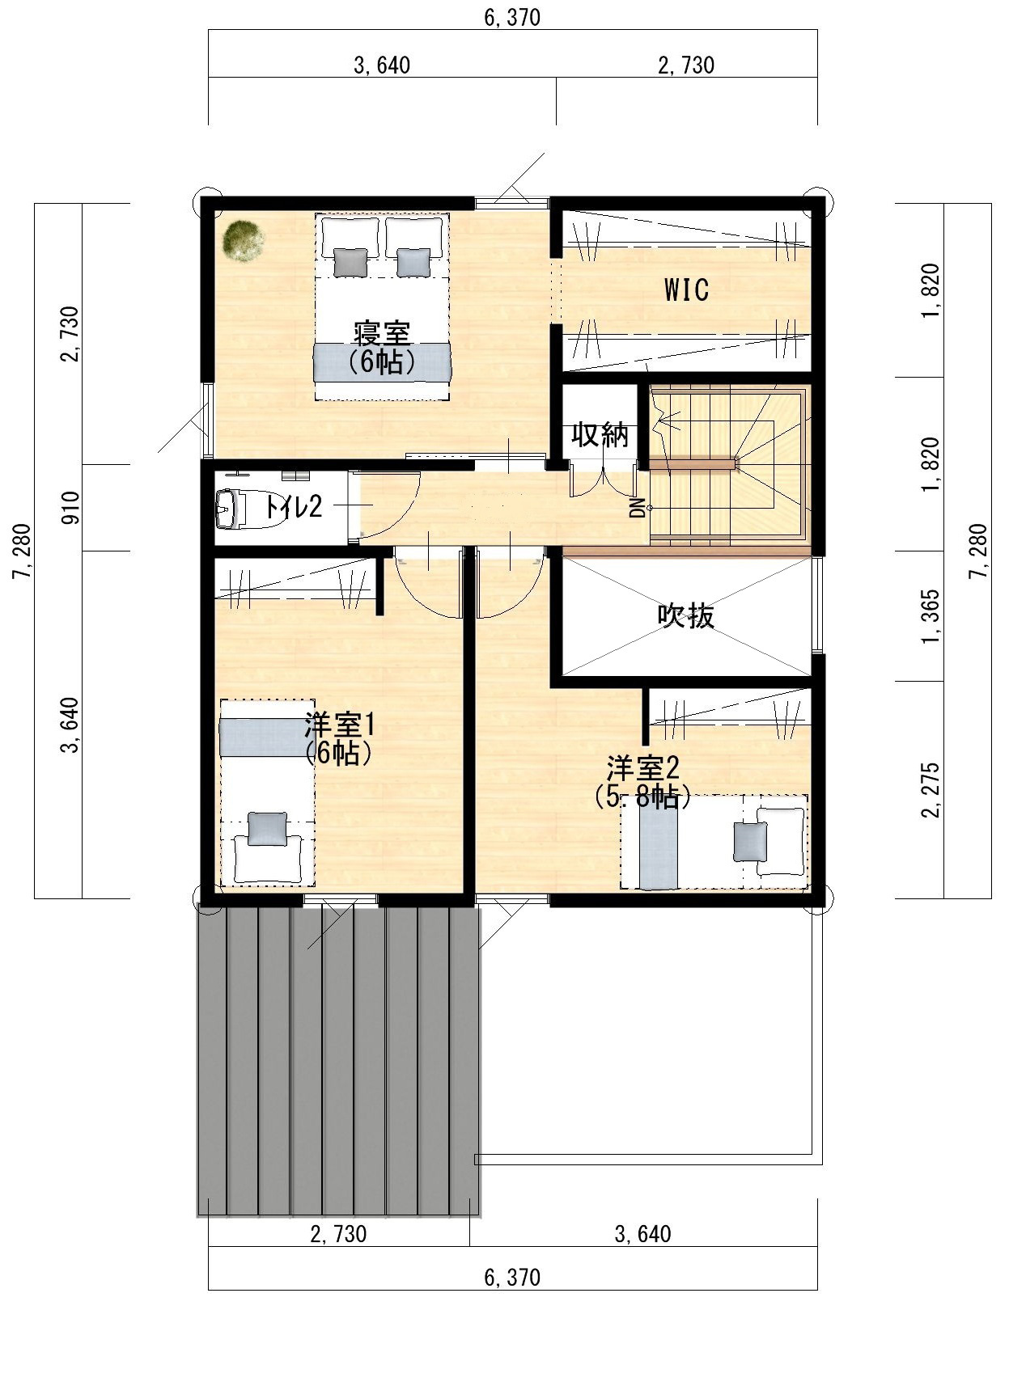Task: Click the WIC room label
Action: pos(686,289)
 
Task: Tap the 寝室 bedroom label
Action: pos(382,333)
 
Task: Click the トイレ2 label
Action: pos(293,507)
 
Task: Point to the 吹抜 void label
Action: pos(686,615)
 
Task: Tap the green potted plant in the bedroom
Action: pos(244,241)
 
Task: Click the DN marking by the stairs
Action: pos(638,507)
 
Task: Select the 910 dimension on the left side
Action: pos(71,507)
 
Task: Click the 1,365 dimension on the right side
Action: pos(931,616)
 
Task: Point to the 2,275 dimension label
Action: pos(931,790)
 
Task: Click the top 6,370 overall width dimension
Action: pos(512,17)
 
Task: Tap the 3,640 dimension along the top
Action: pos(382,65)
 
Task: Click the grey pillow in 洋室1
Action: pos(267,829)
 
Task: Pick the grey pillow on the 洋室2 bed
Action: pos(749,842)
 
